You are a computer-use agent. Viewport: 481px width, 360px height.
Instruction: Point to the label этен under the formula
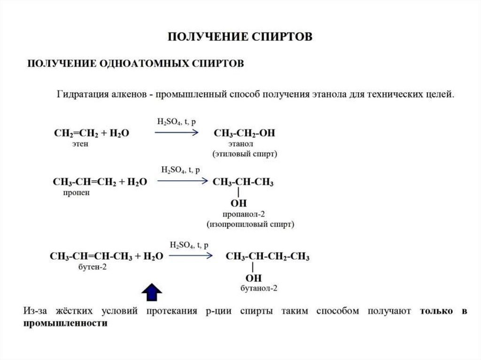(80, 145)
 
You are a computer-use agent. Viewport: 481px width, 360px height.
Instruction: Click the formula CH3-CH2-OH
(244, 133)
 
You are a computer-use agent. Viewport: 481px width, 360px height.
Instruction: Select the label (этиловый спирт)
(244, 154)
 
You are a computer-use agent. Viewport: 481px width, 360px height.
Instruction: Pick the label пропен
(74, 192)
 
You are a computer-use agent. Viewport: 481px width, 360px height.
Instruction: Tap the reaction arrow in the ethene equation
(176, 133)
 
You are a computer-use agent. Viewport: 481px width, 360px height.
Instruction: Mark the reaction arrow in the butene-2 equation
(190, 256)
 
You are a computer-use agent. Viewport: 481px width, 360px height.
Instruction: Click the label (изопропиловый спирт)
(250, 224)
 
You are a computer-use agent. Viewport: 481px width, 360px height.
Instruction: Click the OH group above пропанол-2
(239, 203)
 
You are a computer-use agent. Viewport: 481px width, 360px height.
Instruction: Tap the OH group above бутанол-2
(253, 278)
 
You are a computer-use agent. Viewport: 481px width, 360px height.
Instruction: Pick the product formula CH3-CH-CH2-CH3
(267, 256)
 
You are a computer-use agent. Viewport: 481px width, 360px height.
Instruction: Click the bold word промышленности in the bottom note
(65, 324)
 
